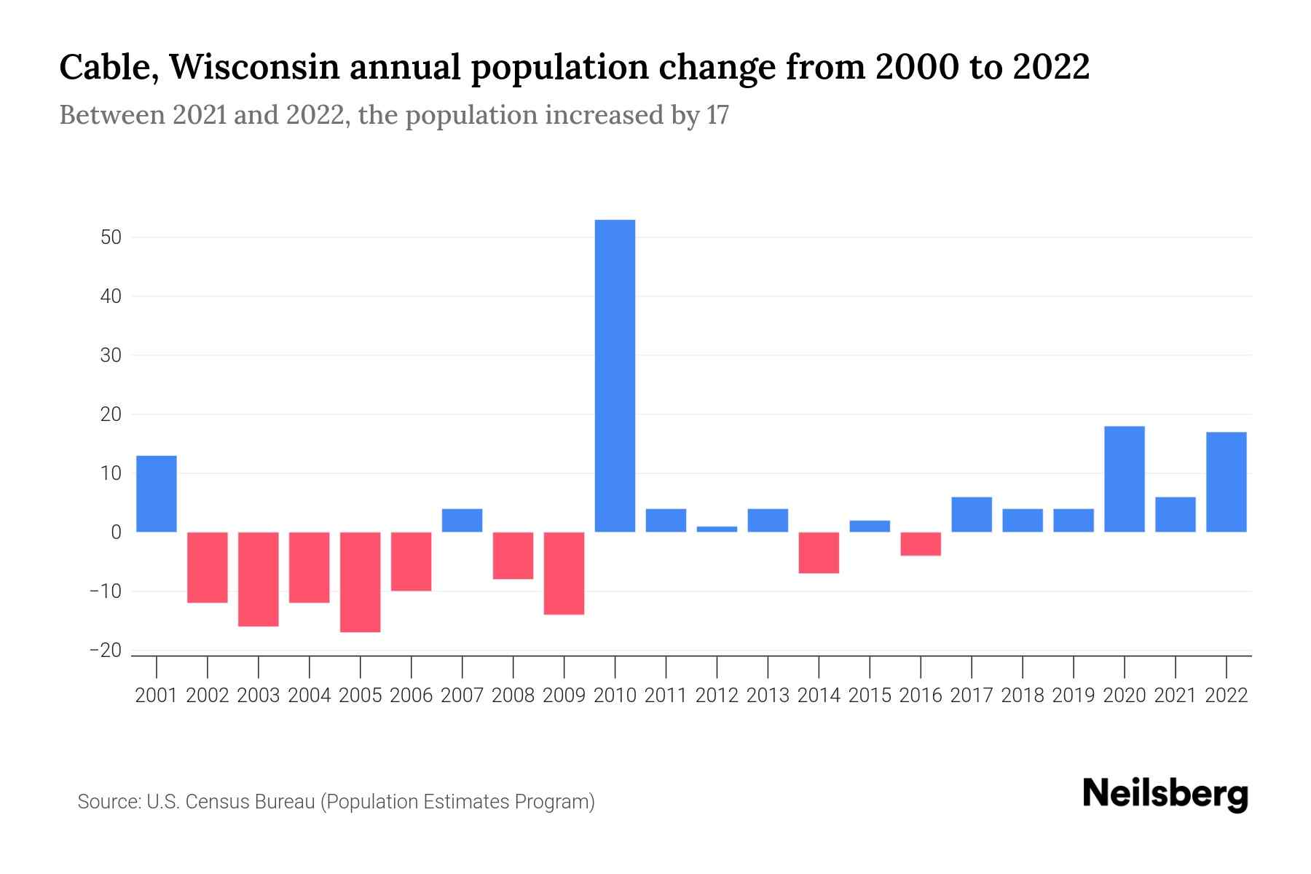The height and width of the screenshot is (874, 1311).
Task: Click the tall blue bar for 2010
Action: [x=615, y=375]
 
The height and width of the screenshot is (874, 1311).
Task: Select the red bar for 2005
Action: [x=361, y=582]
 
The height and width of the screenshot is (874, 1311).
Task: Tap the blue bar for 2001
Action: [x=157, y=494]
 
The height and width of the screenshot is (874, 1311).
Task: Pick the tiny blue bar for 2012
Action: [x=717, y=529]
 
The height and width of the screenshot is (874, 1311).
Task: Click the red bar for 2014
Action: [x=819, y=553]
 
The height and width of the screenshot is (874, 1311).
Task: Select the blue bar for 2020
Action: [x=1124, y=479]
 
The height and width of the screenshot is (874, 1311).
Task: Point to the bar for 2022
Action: [x=1226, y=482]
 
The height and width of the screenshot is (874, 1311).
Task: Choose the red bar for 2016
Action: [x=921, y=544]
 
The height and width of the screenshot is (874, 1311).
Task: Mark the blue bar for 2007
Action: [x=462, y=520]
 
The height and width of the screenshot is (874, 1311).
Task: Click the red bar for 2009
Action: [x=564, y=573]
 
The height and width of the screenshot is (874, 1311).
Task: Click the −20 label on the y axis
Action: [x=106, y=650]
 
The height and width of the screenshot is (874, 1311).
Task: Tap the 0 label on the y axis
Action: [x=116, y=532]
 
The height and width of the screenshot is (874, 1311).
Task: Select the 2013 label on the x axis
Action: [x=768, y=696]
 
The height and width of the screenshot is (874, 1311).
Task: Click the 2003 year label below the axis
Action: [x=259, y=696]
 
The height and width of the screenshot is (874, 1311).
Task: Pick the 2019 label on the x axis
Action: [x=1074, y=696]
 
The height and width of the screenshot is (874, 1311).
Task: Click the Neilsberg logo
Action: [x=1165, y=795]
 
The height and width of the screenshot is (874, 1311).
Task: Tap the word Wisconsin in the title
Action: [x=255, y=67]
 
